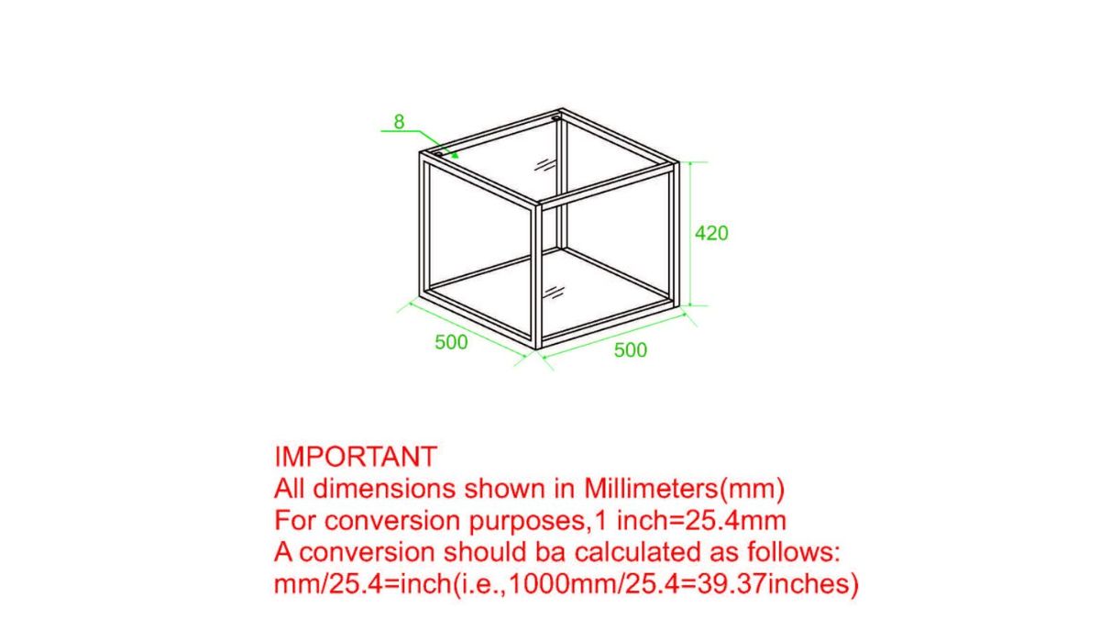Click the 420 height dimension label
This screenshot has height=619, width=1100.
coord(711,233)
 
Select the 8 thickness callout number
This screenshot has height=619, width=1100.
coord(400,122)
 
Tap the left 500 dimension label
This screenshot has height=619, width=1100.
coord(451,342)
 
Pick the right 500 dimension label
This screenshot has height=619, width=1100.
coord(631,350)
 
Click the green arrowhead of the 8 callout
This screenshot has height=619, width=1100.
coord(455,155)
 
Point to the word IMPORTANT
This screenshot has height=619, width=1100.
coord(356,457)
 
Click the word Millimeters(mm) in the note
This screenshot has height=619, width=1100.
coord(684,490)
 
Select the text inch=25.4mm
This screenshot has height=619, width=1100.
coord(701,520)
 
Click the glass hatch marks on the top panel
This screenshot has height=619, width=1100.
coord(545,165)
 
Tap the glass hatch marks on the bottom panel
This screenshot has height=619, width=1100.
coord(554,292)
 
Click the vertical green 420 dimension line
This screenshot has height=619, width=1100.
coord(689,234)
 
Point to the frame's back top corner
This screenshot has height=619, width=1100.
coord(561,111)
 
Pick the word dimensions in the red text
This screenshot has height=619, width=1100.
coord(384,490)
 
